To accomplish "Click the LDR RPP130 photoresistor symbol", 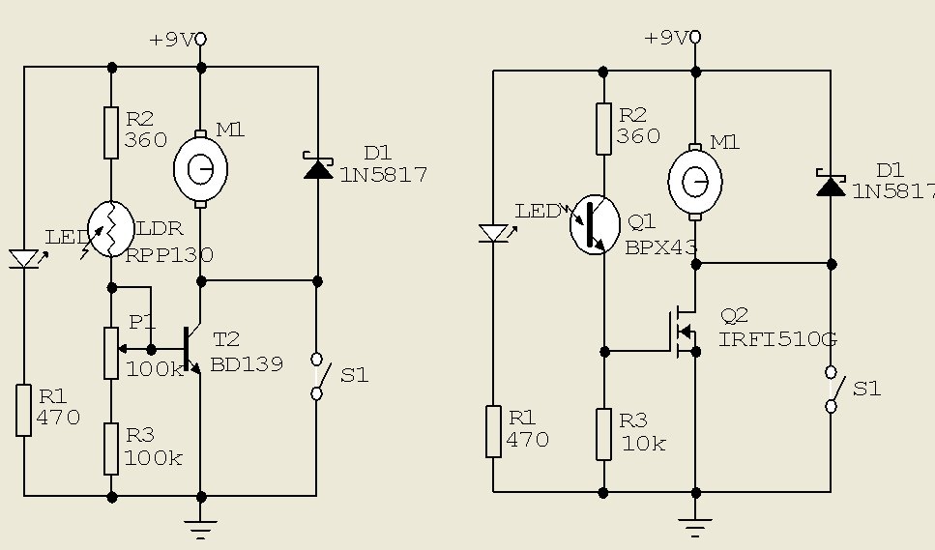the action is tap(111, 229).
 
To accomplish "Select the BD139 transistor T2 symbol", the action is tap(192, 349).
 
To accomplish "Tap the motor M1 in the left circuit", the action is tap(200, 169).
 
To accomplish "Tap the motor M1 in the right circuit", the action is tap(695, 182).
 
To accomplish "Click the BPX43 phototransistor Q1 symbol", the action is tap(595, 224).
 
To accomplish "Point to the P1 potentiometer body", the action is tap(111, 353).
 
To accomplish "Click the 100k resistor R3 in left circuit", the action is tap(111, 449).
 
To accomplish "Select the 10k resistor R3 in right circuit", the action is tap(604, 434).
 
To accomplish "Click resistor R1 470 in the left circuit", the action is tap(24, 411).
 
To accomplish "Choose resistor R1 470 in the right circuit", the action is tap(493, 431).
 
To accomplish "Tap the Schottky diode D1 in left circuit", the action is tap(318, 165).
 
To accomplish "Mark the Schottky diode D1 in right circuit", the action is tap(831, 183).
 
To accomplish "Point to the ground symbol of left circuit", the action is tap(200, 529).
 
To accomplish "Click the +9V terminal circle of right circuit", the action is tap(695, 38).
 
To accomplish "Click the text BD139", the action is tap(247, 364).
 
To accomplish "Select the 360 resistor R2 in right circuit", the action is tap(604, 130).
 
